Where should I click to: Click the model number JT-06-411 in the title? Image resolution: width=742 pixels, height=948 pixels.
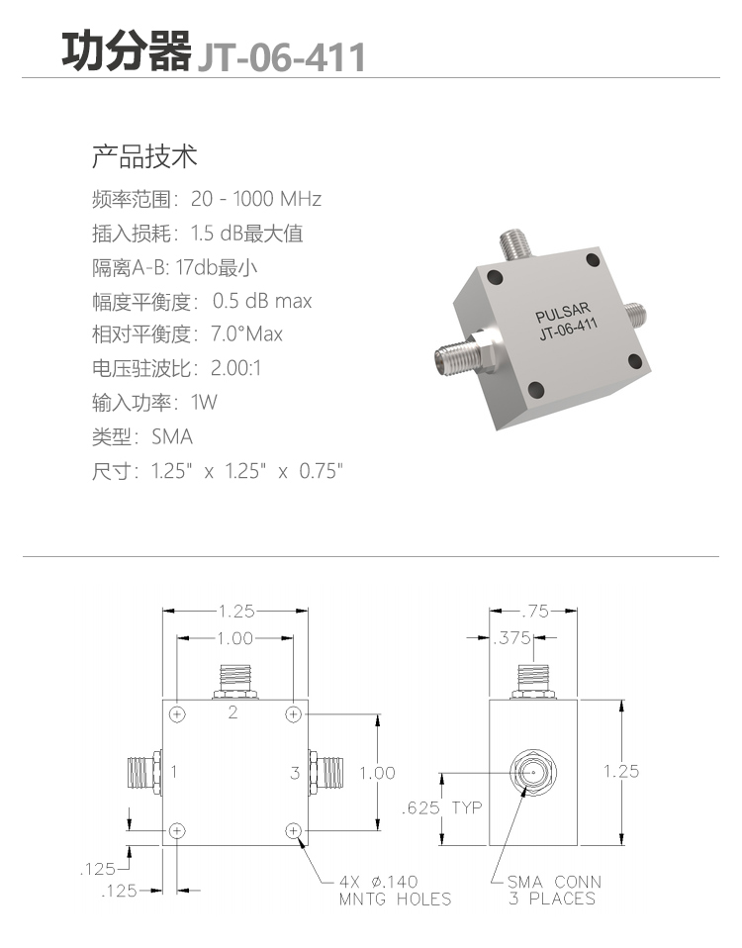tap(282, 56)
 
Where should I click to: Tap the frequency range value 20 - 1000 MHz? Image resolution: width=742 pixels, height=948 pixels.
tap(256, 199)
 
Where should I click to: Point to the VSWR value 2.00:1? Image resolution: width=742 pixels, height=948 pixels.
tap(235, 367)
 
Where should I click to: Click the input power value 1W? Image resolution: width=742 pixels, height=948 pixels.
tap(204, 402)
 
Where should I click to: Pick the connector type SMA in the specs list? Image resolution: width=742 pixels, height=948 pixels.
tap(172, 436)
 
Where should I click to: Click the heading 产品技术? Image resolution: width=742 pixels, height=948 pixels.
tap(144, 156)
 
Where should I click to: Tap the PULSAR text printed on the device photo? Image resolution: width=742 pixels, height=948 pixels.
tap(563, 313)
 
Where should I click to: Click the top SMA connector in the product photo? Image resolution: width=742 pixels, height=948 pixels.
tap(515, 244)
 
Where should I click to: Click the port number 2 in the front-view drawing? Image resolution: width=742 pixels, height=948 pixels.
tap(233, 712)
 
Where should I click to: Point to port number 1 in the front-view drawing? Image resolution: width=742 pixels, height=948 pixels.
tap(174, 772)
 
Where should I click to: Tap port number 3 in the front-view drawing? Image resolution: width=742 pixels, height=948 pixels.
tap(295, 773)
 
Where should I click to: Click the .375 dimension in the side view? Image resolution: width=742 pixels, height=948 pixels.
tap(511, 638)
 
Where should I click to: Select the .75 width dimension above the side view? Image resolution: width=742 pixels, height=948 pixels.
tap(535, 612)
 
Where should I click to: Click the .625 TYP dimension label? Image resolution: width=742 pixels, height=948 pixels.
tap(441, 807)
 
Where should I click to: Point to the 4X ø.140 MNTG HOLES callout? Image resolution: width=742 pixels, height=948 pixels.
tap(395, 890)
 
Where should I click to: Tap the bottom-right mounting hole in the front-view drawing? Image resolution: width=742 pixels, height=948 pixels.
tap(293, 830)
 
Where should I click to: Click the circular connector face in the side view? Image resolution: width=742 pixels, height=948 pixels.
tap(533, 773)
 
